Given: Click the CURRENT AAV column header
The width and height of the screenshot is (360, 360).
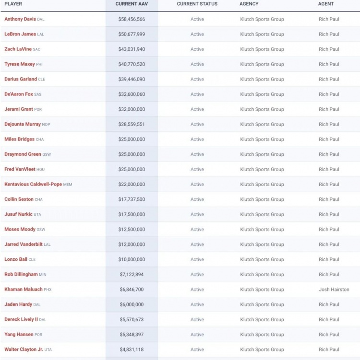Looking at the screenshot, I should click(132, 4).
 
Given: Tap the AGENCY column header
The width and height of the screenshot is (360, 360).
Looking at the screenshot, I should click(249, 4).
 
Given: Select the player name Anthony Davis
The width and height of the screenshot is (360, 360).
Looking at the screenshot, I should click(20, 19).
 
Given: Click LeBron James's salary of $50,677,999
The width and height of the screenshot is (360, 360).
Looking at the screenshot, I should click(132, 35).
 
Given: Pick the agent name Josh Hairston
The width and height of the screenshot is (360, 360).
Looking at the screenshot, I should click(334, 290).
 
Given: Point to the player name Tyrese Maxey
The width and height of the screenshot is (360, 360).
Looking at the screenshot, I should click(20, 64).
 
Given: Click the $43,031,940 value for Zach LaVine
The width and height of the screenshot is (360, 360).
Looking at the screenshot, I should click(132, 49).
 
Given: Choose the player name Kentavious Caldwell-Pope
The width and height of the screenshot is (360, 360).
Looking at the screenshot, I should click(33, 184).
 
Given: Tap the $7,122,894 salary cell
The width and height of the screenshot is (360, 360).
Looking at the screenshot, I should click(132, 275).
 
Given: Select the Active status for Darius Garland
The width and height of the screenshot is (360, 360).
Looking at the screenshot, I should click(197, 80).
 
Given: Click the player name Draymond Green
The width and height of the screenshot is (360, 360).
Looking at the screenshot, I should click(23, 154).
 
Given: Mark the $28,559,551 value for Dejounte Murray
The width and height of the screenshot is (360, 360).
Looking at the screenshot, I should click(132, 125).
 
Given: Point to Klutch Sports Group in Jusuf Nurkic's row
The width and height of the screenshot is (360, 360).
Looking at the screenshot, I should click(262, 215).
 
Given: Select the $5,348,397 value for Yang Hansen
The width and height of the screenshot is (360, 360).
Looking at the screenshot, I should click(132, 335).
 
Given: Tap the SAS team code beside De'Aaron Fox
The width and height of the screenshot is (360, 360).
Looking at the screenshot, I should click(38, 94).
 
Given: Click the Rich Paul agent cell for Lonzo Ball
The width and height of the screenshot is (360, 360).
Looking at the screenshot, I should click(329, 260).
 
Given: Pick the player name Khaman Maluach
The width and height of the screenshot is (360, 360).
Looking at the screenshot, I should click(24, 290).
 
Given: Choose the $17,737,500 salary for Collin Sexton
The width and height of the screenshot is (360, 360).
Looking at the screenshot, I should click(132, 199).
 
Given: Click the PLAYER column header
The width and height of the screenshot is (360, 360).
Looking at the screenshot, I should click(13, 4).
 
